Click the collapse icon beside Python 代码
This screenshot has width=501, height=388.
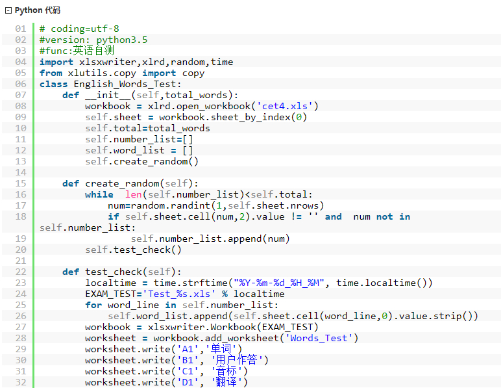click(x=8, y=10)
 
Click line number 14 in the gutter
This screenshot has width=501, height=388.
click(x=21, y=172)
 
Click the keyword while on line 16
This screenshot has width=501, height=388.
click(x=99, y=194)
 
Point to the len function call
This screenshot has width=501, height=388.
click(x=133, y=194)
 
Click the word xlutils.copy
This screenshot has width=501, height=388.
click(x=102, y=73)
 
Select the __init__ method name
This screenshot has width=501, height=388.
click(x=108, y=96)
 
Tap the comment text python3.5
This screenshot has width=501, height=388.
click(x=122, y=40)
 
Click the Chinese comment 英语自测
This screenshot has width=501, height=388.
click(x=93, y=51)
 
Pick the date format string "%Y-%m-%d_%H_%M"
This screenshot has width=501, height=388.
click(x=278, y=283)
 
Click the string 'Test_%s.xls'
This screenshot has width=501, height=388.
click(x=179, y=294)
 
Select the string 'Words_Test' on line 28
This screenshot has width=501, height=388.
click(x=319, y=338)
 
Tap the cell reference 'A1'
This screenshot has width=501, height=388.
click(x=188, y=349)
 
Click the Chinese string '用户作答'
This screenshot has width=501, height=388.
click(x=236, y=360)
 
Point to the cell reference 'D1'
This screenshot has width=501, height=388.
click(x=188, y=382)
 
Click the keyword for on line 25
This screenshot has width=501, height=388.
click(x=93, y=305)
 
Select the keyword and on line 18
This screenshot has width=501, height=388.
click(x=334, y=216)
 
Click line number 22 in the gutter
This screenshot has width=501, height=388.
click(x=21, y=272)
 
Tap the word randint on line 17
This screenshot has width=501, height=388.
click(x=193, y=205)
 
